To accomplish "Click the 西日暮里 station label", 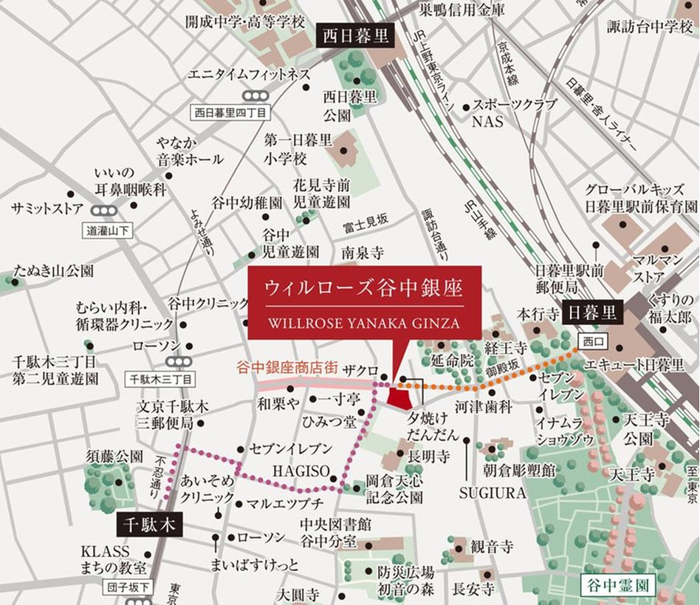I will click(x=354, y=35).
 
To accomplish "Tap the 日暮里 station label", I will click(x=593, y=312).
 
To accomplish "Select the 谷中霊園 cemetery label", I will click(x=617, y=586).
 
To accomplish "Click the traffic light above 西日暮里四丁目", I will click(x=255, y=95).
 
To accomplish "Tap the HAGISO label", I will click(x=295, y=470).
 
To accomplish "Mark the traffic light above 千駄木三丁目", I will click(x=178, y=361).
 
